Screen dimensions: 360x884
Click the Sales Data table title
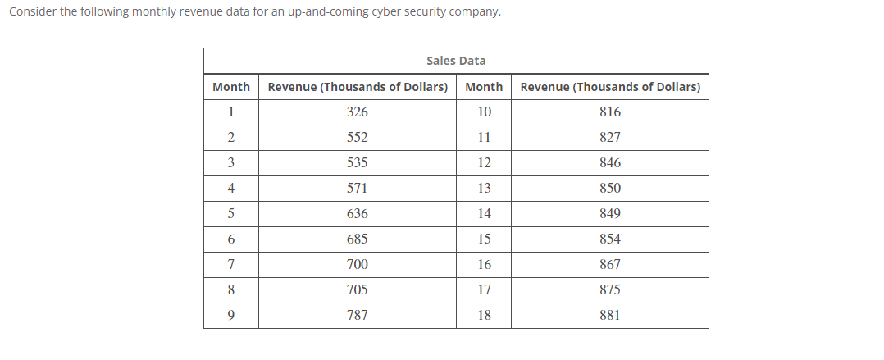click(x=456, y=61)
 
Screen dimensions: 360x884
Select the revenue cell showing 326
click(x=358, y=112)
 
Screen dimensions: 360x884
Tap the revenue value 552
click(x=358, y=137)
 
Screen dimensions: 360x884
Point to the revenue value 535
click(x=358, y=162)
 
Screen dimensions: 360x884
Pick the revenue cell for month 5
click(x=358, y=213)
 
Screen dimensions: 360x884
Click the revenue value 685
click(x=358, y=239)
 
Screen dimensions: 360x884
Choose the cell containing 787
click(x=358, y=315)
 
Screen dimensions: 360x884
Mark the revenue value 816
click(x=610, y=112)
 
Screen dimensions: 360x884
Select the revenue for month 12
click(x=610, y=162)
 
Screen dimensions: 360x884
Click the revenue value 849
click(x=610, y=213)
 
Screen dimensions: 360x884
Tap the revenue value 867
click(x=610, y=264)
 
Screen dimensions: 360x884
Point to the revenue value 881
click(x=610, y=315)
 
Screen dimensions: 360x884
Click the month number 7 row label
click(x=231, y=264)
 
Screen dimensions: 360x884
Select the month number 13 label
click(x=484, y=188)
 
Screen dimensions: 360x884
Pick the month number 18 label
click(x=484, y=315)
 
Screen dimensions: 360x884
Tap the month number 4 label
click(x=231, y=188)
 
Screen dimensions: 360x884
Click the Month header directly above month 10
click(x=484, y=87)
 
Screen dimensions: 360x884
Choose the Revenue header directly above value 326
click(x=358, y=87)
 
